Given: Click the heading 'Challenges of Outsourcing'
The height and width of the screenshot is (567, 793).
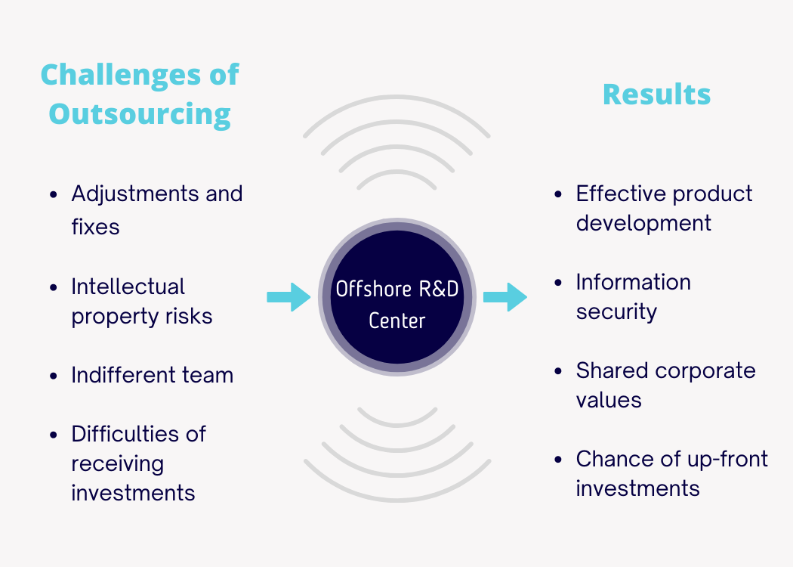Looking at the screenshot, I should pos(140,94).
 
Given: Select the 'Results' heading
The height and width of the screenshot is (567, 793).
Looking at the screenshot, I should pos(656,94).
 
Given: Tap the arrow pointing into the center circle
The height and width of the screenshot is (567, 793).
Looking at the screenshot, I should pos(289,296).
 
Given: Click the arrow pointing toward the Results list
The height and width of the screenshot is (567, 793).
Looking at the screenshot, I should pos(505,296).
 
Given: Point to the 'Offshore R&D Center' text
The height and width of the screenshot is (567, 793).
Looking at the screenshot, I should pos(396,305).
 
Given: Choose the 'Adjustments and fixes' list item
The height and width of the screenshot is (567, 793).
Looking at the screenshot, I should pos(156,209).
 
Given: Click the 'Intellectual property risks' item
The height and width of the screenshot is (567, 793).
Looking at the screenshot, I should pos(141,301).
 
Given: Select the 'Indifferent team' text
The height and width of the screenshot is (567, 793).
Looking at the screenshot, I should pos(152,375).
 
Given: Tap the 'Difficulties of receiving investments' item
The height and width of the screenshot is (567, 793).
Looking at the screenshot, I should pos(138,463).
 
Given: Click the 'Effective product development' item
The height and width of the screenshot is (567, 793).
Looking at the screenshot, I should pos(663,208).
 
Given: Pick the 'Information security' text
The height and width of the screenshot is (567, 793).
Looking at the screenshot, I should pos(633,296).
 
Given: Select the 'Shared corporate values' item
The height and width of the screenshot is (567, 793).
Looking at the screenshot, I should pos(665,385).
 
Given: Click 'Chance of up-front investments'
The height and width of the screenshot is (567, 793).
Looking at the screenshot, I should pos(671,473).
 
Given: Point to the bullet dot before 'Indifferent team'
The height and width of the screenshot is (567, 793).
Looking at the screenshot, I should pos(54,376).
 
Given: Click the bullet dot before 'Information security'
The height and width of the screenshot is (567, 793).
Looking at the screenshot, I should pos(558,283).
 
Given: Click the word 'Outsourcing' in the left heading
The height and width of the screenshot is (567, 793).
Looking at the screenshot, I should pos(140,113).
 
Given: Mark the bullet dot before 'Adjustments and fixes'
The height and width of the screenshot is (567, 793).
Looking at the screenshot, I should pos(54,194).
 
